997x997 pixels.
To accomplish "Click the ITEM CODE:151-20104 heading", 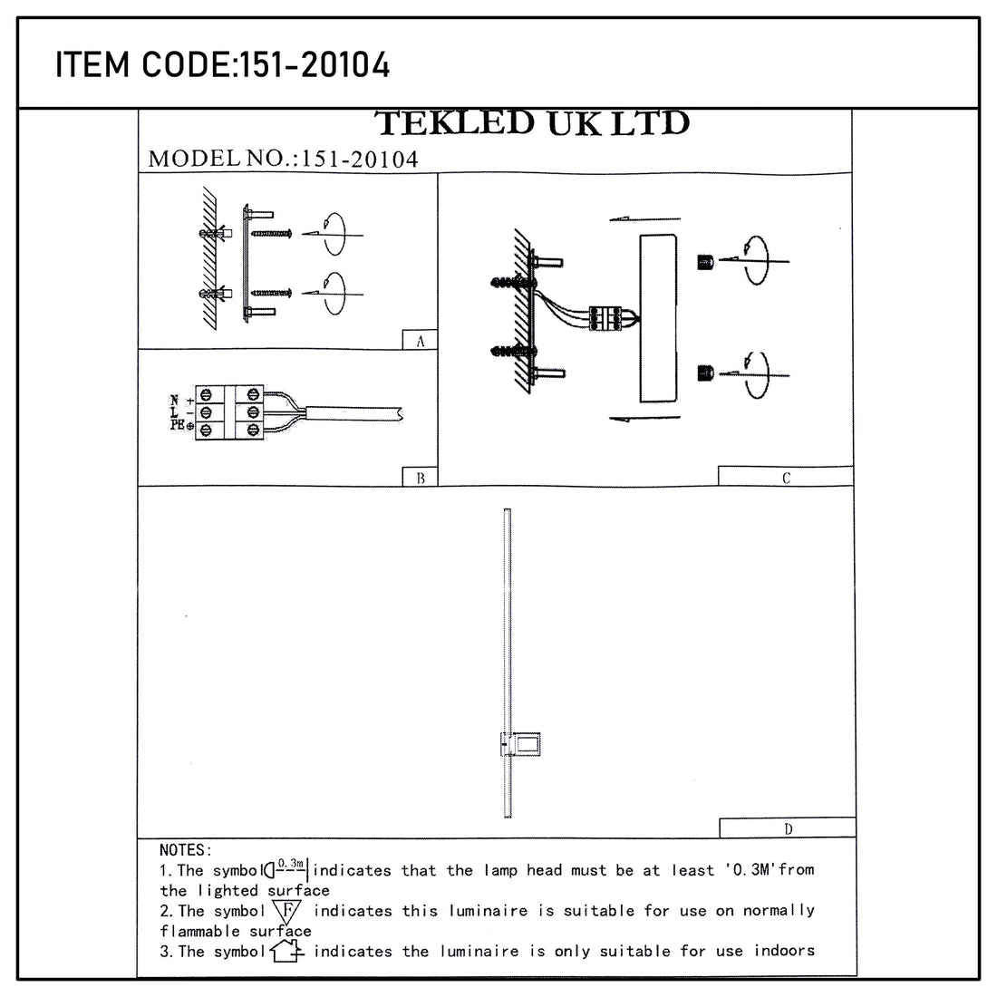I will (x=223, y=65).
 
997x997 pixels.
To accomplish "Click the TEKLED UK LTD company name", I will (x=532, y=123).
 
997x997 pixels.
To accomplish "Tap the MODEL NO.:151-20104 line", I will (x=283, y=159).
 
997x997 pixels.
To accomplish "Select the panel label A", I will (x=420, y=341).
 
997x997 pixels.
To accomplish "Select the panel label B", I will (x=420, y=478).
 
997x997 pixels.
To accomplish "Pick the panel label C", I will (x=785, y=478).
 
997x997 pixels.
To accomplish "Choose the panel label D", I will (x=787, y=828).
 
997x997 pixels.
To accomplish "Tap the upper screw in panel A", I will (x=270, y=234).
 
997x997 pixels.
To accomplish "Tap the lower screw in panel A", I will (x=270, y=292).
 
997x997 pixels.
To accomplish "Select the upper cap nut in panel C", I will (x=706, y=262).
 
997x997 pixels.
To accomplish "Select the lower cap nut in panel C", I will (x=706, y=373).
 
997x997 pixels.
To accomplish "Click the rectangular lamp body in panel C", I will (x=658, y=317).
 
